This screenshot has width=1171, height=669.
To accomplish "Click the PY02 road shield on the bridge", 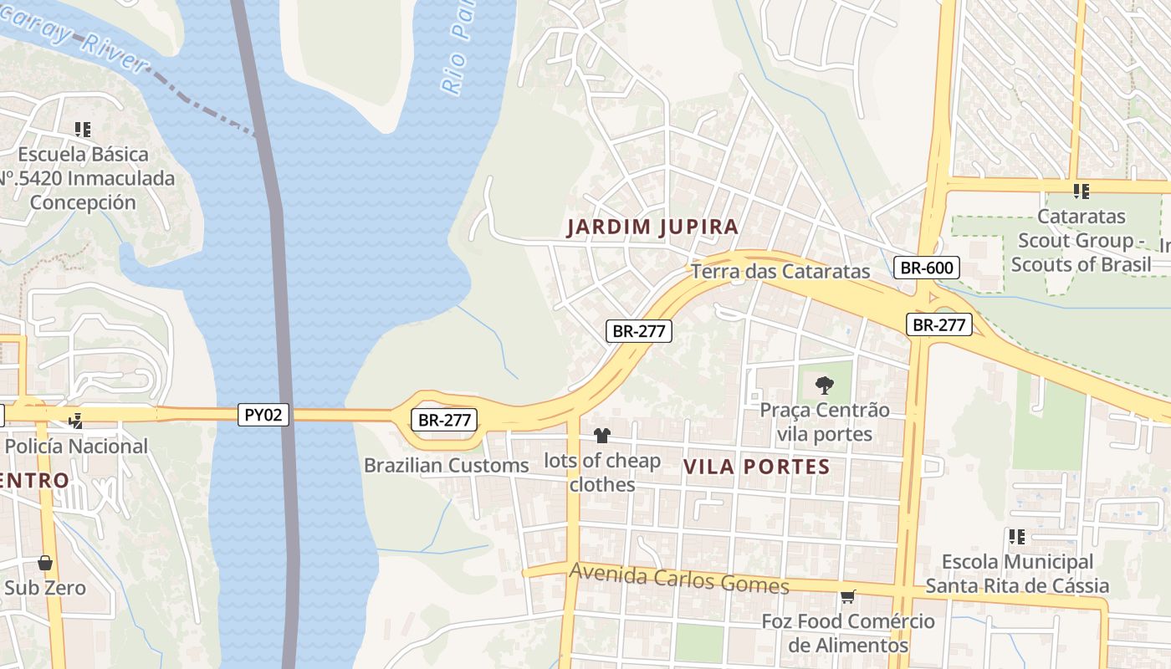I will pos(263,415).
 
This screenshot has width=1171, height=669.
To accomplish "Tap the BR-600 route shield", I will pos(926,268).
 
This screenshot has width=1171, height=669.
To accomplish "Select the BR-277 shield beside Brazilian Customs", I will pos(444,420).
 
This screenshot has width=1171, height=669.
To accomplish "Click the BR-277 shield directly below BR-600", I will pos(939,324).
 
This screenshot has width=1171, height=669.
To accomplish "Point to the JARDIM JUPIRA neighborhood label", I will pos(652,227).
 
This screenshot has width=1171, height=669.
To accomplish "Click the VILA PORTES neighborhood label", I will pos(756,467).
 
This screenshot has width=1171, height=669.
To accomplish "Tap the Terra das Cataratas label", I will pos(780,272).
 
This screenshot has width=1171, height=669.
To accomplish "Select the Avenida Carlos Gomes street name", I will pos(678,578).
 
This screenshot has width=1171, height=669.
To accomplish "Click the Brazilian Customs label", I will pos(446,465).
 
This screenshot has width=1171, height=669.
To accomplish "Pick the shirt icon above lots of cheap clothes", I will pos(601,435).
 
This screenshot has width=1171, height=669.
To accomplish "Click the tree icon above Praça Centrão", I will pos(825,386).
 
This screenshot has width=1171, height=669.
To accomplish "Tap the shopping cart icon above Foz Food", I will pos(847,596).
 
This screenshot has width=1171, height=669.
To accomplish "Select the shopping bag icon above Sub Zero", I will pos(45,563).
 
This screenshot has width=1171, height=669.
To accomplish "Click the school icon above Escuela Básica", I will pos(82,130).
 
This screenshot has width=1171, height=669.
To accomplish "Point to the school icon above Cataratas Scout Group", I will pos(1081,192).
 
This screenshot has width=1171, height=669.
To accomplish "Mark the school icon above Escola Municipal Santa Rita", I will pos(1017,537).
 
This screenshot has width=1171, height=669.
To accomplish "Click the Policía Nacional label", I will pos(76,446).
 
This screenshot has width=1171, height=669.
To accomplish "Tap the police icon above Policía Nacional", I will pos(76,421).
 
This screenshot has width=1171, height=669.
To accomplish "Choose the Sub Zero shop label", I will pos(45,588).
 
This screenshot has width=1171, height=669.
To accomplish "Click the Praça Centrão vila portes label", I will pos(825,422).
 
